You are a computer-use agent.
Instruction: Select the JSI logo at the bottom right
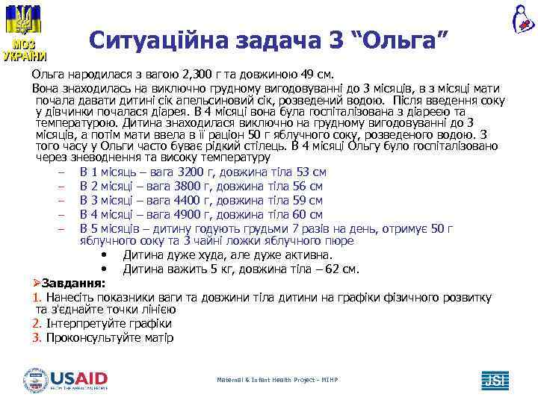pos(495,379)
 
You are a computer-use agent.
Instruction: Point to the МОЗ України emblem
pos(25,31)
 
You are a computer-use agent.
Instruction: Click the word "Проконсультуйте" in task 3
pos(91,337)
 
